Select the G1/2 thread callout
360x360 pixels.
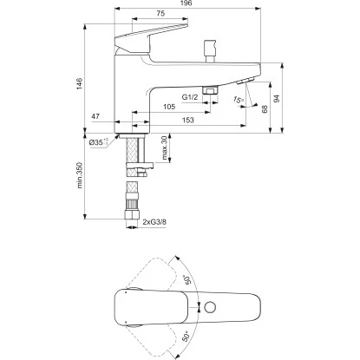pos(192,98)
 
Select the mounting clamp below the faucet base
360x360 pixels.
pos(139,152)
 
